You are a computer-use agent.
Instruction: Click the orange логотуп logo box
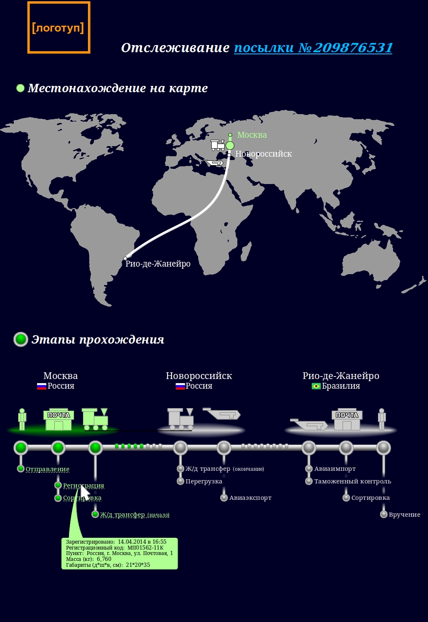(58, 28)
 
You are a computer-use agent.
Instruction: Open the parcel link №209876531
(313, 48)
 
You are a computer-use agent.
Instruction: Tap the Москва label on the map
(252, 135)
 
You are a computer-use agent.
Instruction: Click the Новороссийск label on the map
(263, 154)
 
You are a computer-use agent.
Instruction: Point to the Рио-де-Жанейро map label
(158, 264)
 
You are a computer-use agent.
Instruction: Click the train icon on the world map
(218, 145)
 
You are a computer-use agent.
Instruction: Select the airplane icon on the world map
(214, 163)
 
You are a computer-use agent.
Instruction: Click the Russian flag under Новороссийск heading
(180, 386)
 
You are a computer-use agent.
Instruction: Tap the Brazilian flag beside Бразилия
(316, 386)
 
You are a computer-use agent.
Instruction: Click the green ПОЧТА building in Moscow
(58, 419)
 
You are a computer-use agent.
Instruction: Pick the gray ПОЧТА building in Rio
(347, 419)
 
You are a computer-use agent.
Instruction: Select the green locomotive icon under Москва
(95, 419)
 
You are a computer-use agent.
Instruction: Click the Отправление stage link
(48, 469)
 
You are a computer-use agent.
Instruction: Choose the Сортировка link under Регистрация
(82, 498)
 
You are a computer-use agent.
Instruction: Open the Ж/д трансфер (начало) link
(134, 515)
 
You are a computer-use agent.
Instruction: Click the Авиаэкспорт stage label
(250, 498)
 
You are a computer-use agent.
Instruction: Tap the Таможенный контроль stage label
(352, 481)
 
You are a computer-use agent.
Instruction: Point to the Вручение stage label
(404, 515)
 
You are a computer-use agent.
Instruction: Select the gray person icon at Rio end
(382, 419)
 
